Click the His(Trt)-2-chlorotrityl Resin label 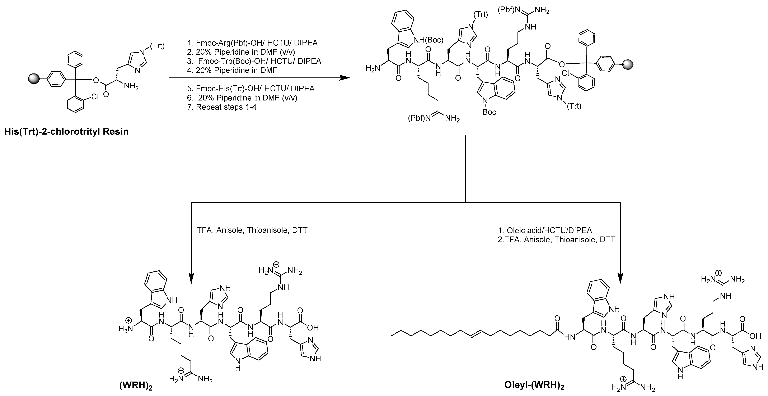coord(66,131)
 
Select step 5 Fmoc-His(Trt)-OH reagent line coord(255,89)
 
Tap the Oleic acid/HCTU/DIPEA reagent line coord(545,230)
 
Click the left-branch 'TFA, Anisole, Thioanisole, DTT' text coord(252,230)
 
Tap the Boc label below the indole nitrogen coord(489,112)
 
